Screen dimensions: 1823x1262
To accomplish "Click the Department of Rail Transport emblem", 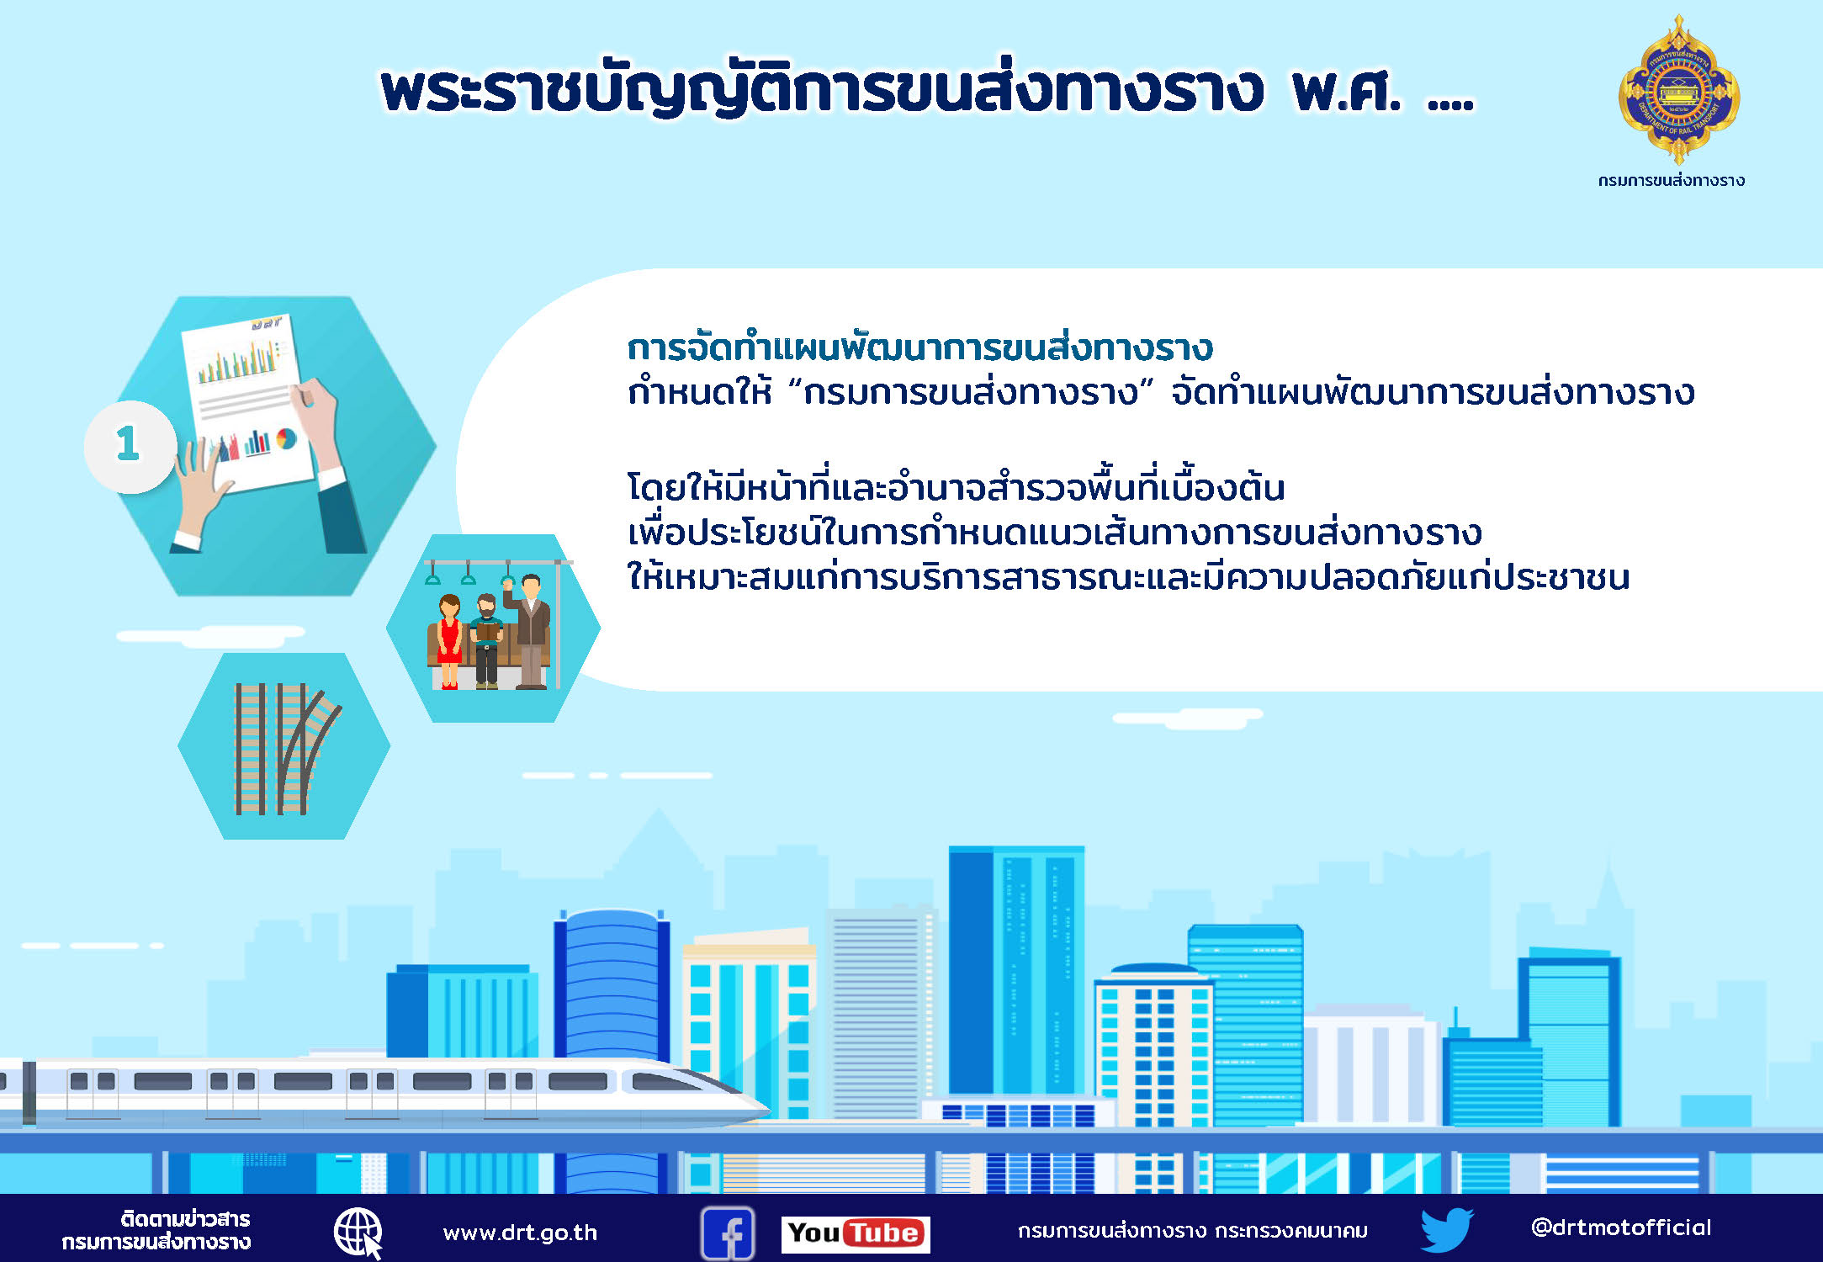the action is click(x=1679, y=91).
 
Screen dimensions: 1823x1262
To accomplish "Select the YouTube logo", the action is click(x=856, y=1234).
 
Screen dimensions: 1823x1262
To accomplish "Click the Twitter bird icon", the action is click(x=1447, y=1230).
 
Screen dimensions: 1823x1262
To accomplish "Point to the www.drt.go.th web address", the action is click(x=520, y=1233).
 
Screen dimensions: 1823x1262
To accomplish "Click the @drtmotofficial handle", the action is click(x=1621, y=1228).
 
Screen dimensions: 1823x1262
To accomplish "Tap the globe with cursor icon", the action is click(x=359, y=1233).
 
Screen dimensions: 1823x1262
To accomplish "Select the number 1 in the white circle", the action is click(x=128, y=443).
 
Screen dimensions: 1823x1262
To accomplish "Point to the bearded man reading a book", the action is click(x=486, y=642).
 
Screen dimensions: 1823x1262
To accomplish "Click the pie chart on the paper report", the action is click(x=286, y=438).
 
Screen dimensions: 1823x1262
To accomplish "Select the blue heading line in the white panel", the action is click(x=920, y=347).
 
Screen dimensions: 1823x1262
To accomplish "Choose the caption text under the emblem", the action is click(x=1672, y=180).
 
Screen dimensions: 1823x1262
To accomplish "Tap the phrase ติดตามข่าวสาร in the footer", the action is click(x=185, y=1219).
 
